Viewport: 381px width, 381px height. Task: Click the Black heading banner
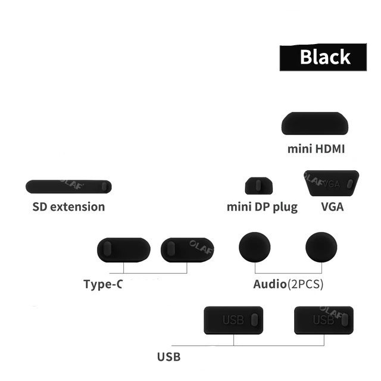[x=324, y=57]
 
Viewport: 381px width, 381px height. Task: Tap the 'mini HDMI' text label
[x=316, y=149]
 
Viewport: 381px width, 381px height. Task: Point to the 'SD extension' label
[x=68, y=207]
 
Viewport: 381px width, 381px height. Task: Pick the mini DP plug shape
[x=259, y=185]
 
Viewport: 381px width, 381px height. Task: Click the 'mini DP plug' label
[x=262, y=207]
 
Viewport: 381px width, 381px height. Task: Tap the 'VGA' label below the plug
[x=332, y=207]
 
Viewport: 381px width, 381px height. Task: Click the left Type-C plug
[x=123, y=249]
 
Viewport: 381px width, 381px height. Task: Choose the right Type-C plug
[x=184, y=249]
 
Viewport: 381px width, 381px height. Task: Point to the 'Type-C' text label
[x=103, y=283]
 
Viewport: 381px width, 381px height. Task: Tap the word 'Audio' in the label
[x=270, y=283]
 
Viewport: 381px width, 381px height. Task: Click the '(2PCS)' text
[x=305, y=283]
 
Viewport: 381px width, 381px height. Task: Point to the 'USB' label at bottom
[x=168, y=358]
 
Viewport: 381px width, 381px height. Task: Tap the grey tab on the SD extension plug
[x=105, y=186]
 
